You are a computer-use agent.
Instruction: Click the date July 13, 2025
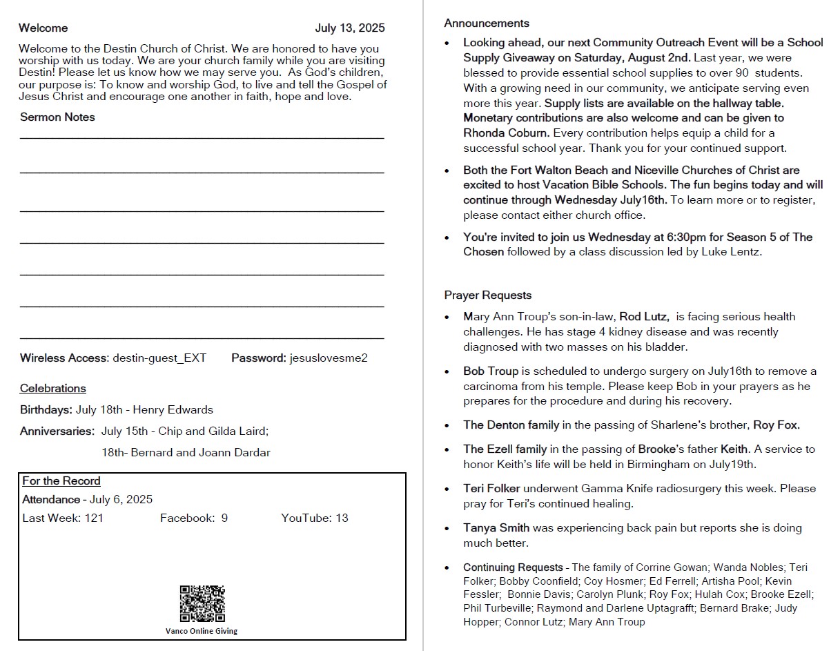point(350,28)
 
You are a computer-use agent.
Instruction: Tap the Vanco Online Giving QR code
point(202,604)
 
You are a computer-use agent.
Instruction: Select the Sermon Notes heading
point(57,117)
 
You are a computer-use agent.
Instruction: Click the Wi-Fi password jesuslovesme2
point(329,358)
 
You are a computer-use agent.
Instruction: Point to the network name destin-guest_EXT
point(159,358)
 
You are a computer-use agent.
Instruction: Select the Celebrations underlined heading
point(53,389)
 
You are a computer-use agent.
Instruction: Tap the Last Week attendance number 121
point(94,518)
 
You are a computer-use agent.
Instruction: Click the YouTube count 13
point(342,518)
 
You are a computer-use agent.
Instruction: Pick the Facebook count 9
point(224,518)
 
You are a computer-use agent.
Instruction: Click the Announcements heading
point(487,23)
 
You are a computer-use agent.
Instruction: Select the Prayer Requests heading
point(488,295)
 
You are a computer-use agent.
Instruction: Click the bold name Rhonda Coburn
point(506,133)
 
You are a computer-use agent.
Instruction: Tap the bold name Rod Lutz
point(643,317)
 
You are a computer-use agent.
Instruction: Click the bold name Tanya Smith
point(496,528)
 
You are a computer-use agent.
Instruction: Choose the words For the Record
point(61,481)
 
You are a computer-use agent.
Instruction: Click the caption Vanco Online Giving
point(202,631)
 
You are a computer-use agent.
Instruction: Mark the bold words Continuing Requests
point(513,567)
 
